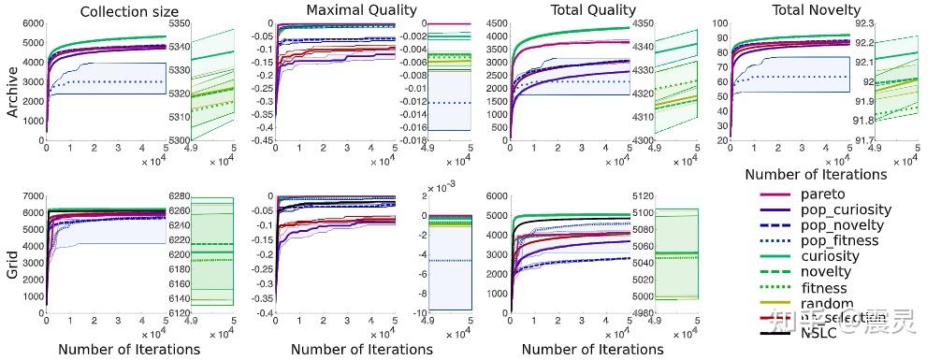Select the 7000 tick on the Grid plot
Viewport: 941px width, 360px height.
(x=31, y=195)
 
